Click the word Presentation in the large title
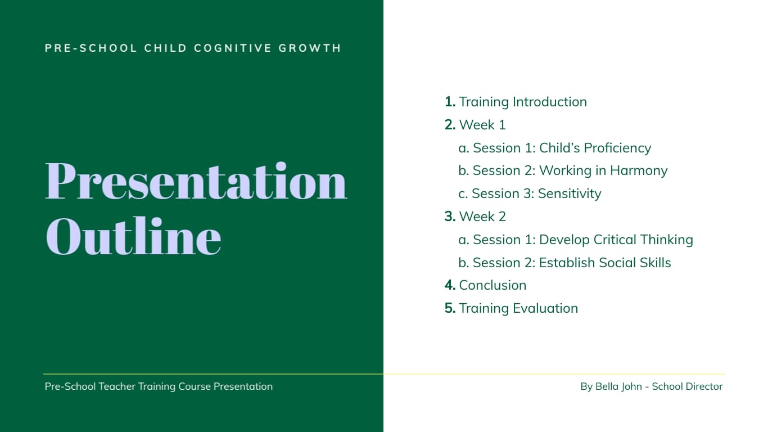point(196,182)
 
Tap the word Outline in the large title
point(133,237)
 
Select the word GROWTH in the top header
point(310,48)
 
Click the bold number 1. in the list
point(450,102)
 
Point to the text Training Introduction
point(522,102)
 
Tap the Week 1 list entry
point(482,125)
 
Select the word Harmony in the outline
point(638,170)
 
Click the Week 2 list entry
point(482,217)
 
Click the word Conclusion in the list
point(493,285)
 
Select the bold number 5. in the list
point(450,308)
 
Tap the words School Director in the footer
point(687,386)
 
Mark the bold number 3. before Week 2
point(450,217)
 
